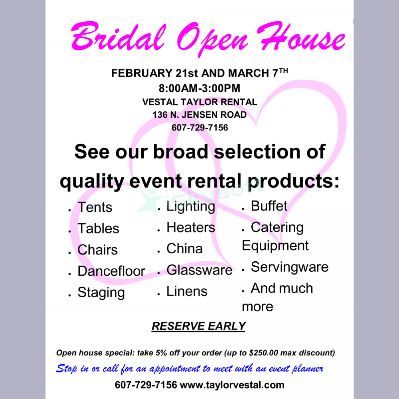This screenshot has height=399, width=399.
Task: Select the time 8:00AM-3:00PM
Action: click(199, 88)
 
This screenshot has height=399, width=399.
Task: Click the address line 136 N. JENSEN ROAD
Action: click(199, 115)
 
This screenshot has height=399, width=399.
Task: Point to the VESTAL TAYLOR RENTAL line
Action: click(199, 102)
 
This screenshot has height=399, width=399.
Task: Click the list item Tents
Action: click(95, 207)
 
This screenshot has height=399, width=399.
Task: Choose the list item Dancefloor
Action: click(111, 271)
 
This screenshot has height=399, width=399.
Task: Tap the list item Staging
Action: click(101, 293)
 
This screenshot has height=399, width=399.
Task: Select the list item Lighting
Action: click(191, 206)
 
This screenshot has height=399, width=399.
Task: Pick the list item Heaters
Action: click(191, 228)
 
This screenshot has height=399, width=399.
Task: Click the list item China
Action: click(184, 249)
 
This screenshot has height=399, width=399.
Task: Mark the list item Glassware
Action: click(199, 270)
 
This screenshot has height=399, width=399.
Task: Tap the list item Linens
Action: click(187, 291)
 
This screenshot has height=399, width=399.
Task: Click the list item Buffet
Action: click(269, 206)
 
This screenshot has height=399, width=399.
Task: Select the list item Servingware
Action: click(289, 267)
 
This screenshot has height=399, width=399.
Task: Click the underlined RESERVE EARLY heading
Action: click(199, 326)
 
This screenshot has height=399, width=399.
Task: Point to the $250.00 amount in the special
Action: click(263, 353)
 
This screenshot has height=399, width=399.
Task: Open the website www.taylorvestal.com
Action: click(232, 385)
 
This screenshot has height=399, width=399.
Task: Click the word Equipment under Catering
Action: click(275, 246)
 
